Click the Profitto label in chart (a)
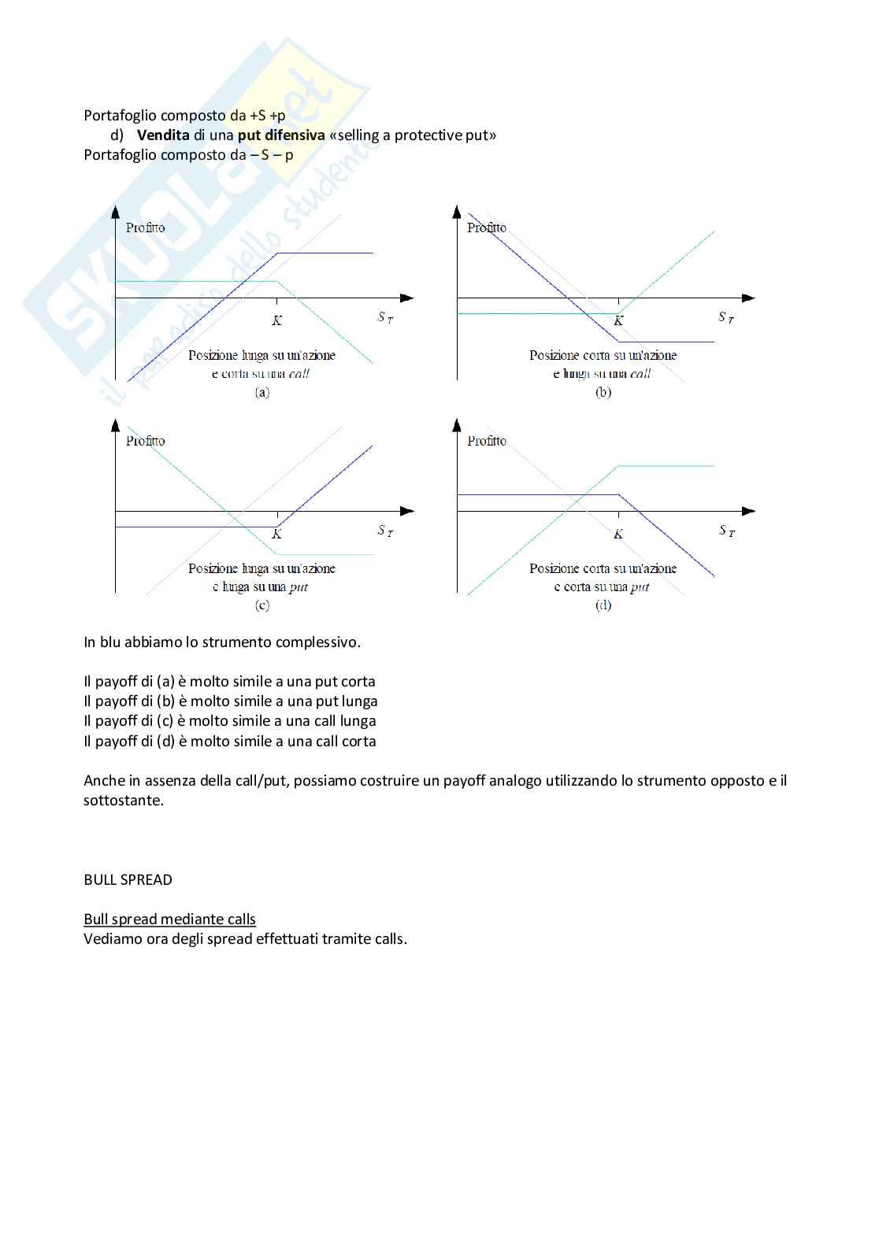pyautogui.click(x=146, y=228)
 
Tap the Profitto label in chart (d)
pyautogui.click(x=487, y=441)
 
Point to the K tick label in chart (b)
pyautogui.click(x=618, y=321)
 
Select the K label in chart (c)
pyautogui.click(x=277, y=535)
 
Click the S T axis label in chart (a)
pyautogui.click(x=385, y=317)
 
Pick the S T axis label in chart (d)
pyautogui.click(x=726, y=531)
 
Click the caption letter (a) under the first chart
pyautogui.click(x=261, y=392)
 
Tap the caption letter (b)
pyautogui.click(x=603, y=392)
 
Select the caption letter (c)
pyautogui.click(x=261, y=605)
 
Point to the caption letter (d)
pyautogui.click(x=603, y=605)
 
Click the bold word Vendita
pyautogui.click(x=163, y=135)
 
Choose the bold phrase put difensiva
pyautogui.click(x=281, y=135)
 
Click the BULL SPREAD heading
pyautogui.click(x=128, y=880)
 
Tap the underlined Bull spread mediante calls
pyautogui.click(x=169, y=919)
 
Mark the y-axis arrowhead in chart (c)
pyautogui.click(x=116, y=425)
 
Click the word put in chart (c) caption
pyautogui.click(x=299, y=587)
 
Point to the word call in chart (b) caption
pyautogui.click(x=640, y=374)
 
